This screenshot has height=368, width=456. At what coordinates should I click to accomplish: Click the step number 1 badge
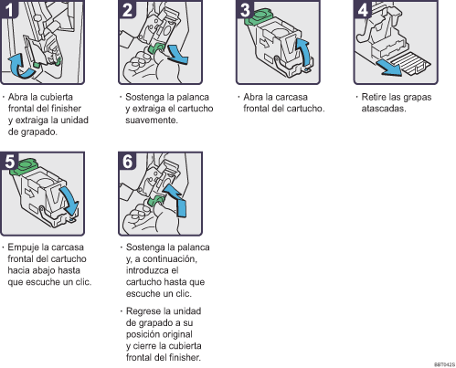pyautogui.click(x=8, y=9)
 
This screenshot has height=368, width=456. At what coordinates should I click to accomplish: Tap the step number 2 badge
pyautogui.click(x=127, y=9)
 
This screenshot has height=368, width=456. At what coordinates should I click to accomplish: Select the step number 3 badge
pyautogui.click(x=245, y=9)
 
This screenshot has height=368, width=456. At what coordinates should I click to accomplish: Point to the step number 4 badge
pyautogui.click(x=363, y=9)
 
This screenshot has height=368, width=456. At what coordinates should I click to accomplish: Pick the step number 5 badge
pyautogui.click(x=9, y=161)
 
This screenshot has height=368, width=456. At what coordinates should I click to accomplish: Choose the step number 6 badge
pyautogui.click(x=127, y=161)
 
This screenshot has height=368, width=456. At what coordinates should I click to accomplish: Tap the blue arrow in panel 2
pyautogui.click(x=177, y=55)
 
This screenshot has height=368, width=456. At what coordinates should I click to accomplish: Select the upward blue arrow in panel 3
pyautogui.click(x=305, y=50)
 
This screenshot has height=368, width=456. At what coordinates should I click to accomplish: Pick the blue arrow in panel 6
pyautogui.click(x=176, y=199)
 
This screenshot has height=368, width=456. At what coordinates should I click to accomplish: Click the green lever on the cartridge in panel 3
pyautogui.click(x=258, y=17)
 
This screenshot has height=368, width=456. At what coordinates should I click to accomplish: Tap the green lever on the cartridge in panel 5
pyautogui.click(x=24, y=167)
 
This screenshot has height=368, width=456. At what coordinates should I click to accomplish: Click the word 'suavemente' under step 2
pyautogui.click(x=152, y=121)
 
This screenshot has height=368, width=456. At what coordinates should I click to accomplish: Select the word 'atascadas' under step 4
pyautogui.click(x=384, y=109)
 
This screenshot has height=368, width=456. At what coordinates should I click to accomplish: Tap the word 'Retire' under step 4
pyautogui.click(x=372, y=97)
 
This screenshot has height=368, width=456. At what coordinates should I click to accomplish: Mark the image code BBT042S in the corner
pyautogui.click(x=444, y=364)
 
